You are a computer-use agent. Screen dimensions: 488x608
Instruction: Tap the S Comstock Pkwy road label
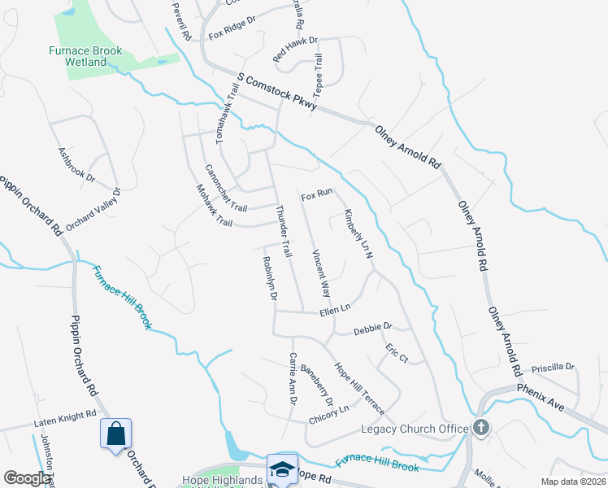click(x=276, y=94)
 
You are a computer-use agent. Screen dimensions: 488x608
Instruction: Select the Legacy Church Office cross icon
click(x=481, y=428)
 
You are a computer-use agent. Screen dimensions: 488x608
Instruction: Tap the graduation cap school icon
click(x=283, y=469)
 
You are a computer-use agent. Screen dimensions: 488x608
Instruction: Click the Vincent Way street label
click(x=321, y=272)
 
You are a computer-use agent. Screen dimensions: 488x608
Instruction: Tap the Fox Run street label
click(x=317, y=196)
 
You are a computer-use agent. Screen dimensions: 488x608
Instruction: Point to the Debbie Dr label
click(x=372, y=329)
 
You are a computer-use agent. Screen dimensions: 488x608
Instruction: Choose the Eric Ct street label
click(x=396, y=355)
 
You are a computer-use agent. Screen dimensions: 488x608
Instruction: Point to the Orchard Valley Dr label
click(x=93, y=210)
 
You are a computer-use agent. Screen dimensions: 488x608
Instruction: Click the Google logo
click(x=28, y=478)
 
